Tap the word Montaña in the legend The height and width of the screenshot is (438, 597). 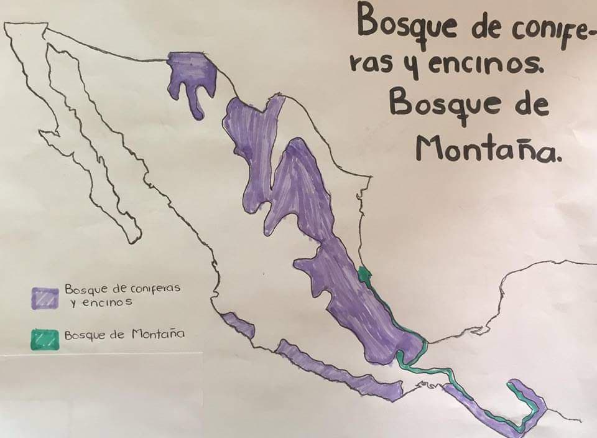point(158,333)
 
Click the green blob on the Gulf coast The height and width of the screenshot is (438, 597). point(364,275)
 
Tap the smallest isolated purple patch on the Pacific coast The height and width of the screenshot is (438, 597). point(238,325)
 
